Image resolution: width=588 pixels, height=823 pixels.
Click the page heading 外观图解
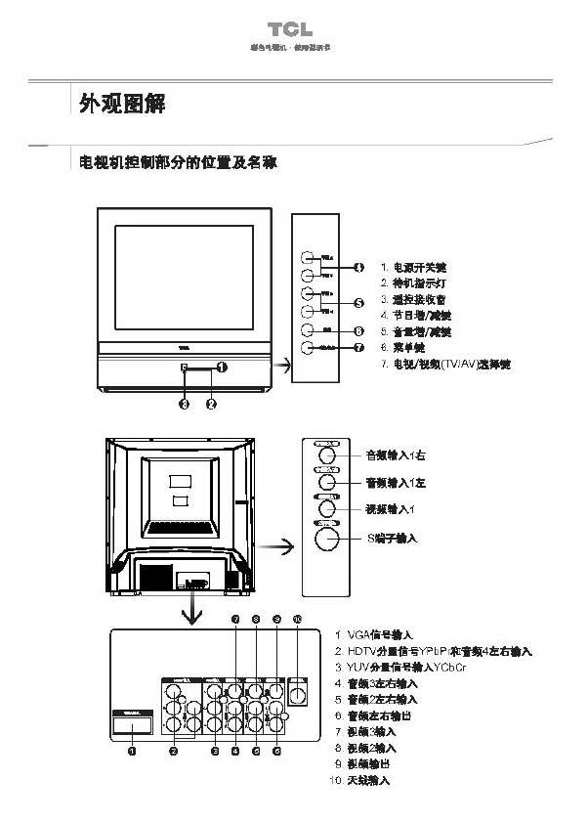pyautogui.click(x=121, y=104)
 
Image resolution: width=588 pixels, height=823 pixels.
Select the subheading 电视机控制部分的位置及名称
pyautogui.click(x=179, y=162)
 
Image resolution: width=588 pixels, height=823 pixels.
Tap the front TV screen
pyautogui.click(x=184, y=278)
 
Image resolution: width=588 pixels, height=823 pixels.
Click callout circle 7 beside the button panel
pyautogui.click(x=358, y=347)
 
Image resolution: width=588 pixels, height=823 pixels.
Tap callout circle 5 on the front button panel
pyautogui.click(x=358, y=303)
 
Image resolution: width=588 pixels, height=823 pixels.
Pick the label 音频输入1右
pyautogui.click(x=396, y=455)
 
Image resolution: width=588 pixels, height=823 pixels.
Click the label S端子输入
pyautogui.click(x=392, y=538)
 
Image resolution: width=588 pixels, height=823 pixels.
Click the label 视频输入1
pyautogui.click(x=391, y=509)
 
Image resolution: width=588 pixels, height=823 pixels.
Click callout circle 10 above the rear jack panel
pyautogui.click(x=298, y=619)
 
